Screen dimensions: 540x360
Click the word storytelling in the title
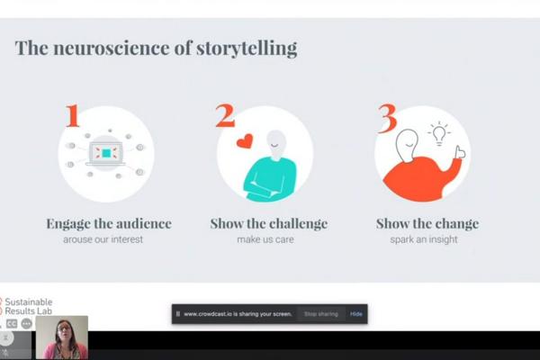247,49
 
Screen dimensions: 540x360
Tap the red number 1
73,115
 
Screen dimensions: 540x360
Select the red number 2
225,115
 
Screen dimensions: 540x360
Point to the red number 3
387,118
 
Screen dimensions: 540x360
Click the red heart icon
245,141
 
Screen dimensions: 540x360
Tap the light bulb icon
439,134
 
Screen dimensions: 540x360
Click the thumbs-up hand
460,152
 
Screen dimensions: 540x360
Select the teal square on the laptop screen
106,153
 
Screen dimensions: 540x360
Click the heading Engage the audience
109,224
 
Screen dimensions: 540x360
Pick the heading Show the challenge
268,224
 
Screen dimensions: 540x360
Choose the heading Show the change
427,224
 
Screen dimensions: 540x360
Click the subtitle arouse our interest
103,239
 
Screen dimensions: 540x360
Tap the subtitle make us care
265,239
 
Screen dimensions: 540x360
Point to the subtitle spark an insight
424,239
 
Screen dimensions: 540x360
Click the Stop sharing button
321,314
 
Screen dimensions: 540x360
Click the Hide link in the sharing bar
356,314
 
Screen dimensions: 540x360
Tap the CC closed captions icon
12,324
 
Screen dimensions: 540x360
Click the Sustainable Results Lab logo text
28,306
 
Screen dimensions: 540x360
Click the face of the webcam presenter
64,329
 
